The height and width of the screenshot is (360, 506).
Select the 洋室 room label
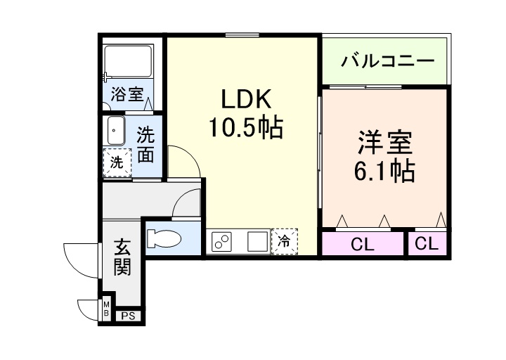coord(383,143)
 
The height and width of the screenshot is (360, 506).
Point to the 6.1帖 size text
coord(383,171)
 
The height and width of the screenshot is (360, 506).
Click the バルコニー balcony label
coord(387,61)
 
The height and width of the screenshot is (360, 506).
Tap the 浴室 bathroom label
coord(126,95)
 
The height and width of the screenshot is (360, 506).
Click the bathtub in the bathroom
coord(128,64)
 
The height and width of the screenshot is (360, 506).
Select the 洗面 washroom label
coord(145,144)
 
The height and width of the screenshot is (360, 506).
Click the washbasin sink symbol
coord(116,131)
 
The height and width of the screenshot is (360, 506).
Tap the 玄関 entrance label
coord(122,257)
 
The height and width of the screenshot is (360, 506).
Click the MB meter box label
coord(106,308)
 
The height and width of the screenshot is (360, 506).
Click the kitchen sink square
coord(257,241)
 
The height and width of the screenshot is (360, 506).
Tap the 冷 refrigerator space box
coord(285,241)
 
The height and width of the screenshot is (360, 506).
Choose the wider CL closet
coord(363,245)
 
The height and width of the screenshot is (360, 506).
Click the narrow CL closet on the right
coord(427,244)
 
